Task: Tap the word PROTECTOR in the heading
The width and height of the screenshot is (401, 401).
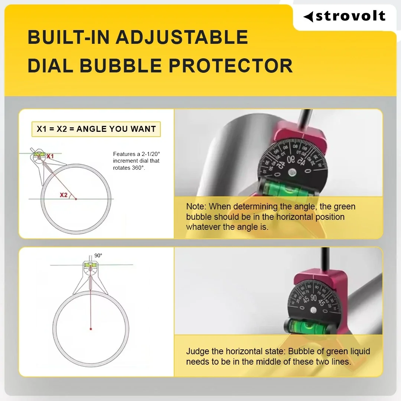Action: point(231,65)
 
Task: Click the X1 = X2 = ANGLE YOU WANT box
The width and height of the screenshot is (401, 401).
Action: point(96,129)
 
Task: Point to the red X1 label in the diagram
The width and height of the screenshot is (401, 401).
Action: point(50,156)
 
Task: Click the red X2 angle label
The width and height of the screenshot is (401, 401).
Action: point(63,195)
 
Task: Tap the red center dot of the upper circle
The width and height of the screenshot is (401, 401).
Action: point(76,199)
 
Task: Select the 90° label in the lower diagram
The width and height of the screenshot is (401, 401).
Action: point(98,255)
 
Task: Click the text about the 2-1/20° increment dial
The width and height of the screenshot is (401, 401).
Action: point(136,161)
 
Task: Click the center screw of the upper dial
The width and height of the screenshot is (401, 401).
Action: point(293,172)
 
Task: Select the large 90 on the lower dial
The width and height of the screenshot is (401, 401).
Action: point(313,298)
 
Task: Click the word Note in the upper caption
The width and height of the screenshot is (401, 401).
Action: point(195,206)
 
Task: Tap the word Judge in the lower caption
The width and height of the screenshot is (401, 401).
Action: point(197,351)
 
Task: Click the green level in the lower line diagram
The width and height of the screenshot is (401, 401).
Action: point(89,265)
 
